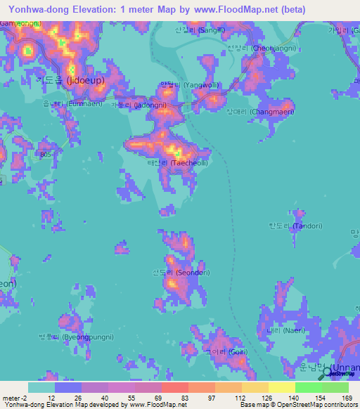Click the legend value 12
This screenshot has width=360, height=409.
tap(51, 398)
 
